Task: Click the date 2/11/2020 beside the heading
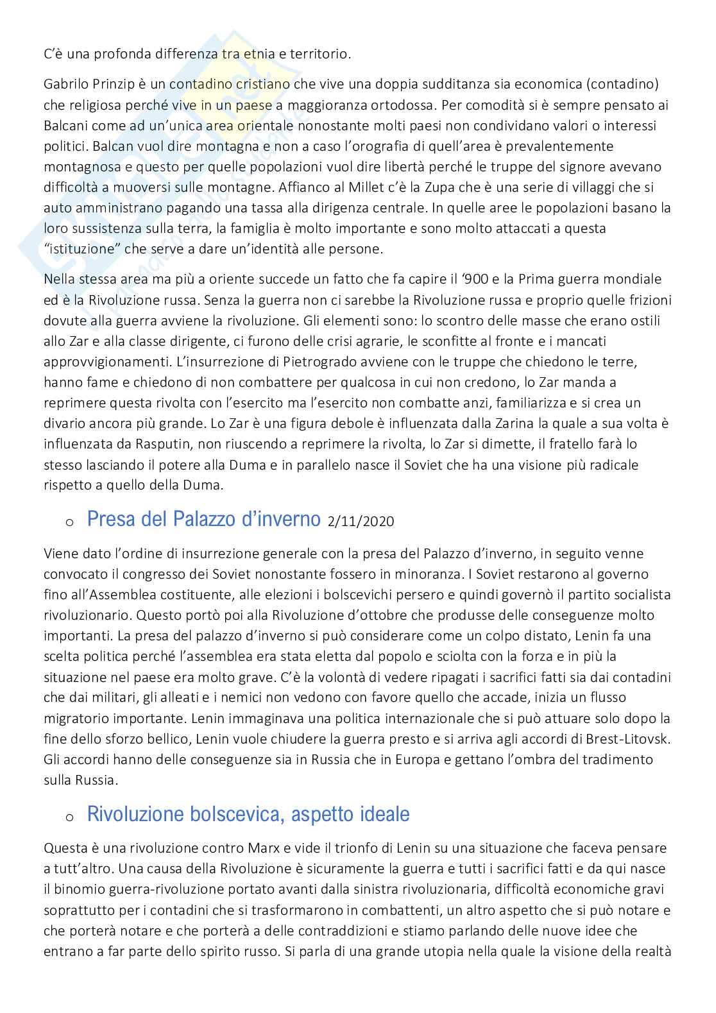coord(361,522)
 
